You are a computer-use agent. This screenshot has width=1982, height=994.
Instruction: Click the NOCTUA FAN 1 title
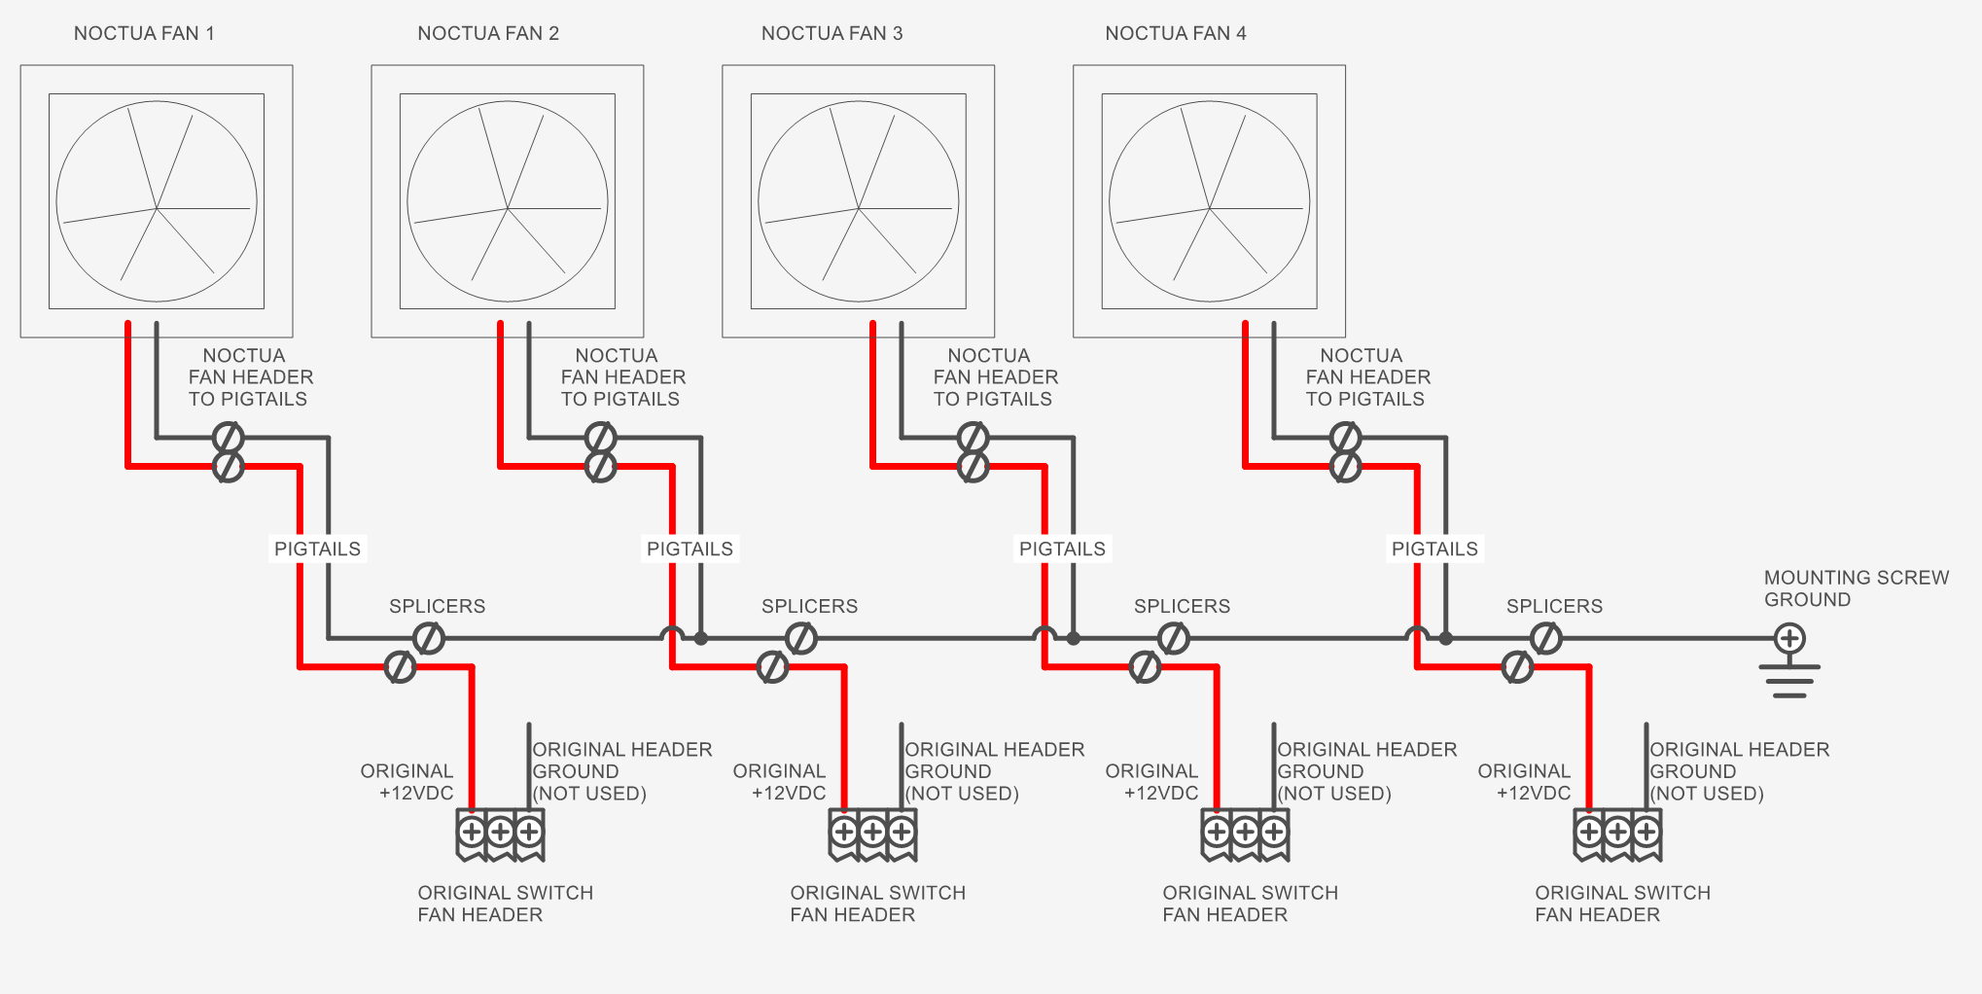click(x=144, y=33)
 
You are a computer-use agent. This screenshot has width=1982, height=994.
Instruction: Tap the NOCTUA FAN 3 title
click(x=832, y=33)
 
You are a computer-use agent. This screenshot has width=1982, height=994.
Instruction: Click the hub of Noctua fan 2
click(x=508, y=208)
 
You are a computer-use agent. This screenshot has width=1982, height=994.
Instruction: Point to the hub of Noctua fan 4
click(x=1209, y=208)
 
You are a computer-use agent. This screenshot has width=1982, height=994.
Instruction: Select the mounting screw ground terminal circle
click(x=1789, y=639)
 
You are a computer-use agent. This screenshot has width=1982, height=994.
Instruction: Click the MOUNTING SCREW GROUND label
click(x=1856, y=588)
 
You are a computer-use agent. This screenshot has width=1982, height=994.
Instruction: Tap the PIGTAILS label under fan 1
click(x=317, y=549)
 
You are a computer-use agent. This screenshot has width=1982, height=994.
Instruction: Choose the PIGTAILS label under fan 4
click(x=1434, y=549)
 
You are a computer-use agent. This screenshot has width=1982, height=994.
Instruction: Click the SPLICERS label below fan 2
click(x=809, y=606)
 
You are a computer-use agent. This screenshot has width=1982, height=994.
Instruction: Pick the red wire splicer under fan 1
click(x=401, y=667)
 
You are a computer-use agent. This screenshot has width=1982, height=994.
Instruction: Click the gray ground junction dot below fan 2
click(x=700, y=639)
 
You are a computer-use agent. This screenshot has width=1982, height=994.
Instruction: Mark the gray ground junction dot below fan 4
click(x=1446, y=639)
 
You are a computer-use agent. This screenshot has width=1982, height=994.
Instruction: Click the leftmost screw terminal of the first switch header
click(x=472, y=832)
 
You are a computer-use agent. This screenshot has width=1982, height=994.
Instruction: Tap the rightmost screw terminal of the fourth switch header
click(x=1646, y=832)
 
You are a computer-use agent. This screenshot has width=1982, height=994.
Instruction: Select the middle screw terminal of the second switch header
click(x=872, y=832)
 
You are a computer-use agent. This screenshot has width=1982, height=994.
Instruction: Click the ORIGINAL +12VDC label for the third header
click(x=1152, y=782)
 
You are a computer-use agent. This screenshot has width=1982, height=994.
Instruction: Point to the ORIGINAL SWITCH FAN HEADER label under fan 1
click(x=505, y=904)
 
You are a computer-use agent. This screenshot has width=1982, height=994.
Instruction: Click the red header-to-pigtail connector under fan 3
click(x=973, y=467)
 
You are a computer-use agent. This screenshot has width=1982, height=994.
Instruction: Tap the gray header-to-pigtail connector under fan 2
click(x=601, y=438)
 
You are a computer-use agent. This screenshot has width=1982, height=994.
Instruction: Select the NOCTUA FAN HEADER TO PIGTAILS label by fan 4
click(x=1367, y=377)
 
